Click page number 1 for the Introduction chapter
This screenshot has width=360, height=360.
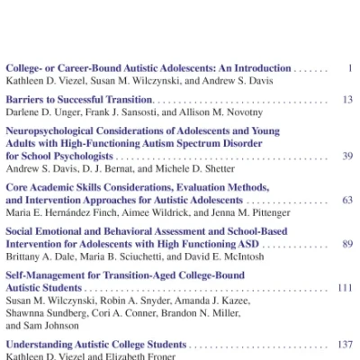pyautogui.click(x=349, y=67)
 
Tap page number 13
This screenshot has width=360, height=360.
pyautogui.click(x=346, y=99)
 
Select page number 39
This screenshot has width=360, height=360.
pyautogui.click(x=346, y=156)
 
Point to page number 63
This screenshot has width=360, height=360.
pyautogui.click(x=346, y=199)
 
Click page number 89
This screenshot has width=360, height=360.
pyautogui.click(x=346, y=243)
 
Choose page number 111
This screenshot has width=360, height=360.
pyautogui.click(x=344, y=287)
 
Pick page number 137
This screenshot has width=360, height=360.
pyautogui.click(x=344, y=344)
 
